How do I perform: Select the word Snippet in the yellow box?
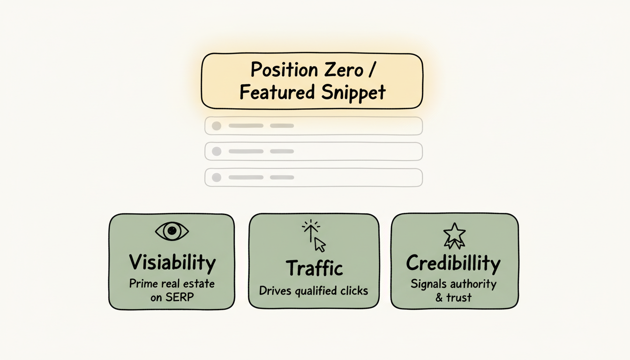(x=353, y=92)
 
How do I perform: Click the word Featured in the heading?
(x=277, y=92)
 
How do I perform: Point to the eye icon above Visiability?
(x=172, y=231)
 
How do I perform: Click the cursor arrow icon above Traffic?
(x=320, y=244)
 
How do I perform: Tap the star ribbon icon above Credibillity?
(x=454, y=235)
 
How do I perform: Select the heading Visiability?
(x=172, y=262)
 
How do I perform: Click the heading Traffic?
(x=314, y=268)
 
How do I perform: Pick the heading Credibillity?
(x=453, y=263)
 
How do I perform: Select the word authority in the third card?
(x=473, y=284)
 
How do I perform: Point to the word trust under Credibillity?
(x=459, y=297)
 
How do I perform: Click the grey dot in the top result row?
(x=216, y=126)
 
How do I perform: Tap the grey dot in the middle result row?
(x=216, y=151)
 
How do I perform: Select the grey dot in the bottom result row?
(x=216, y=177)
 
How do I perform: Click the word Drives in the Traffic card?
(x=276, y=291)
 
